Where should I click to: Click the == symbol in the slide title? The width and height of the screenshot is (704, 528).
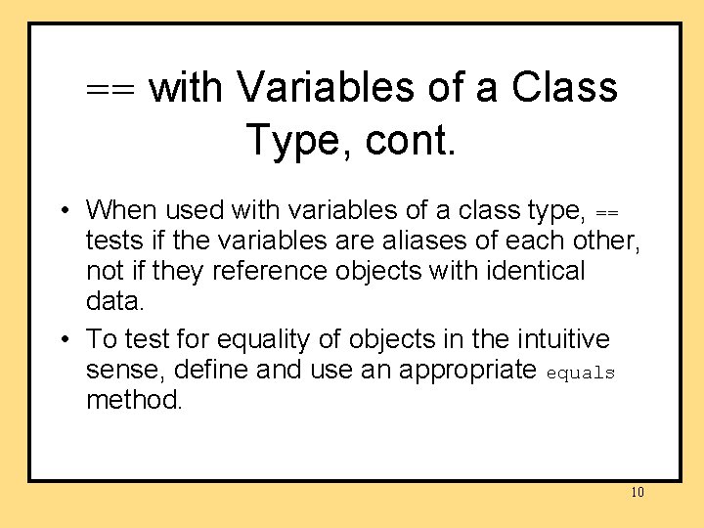pos(113,89)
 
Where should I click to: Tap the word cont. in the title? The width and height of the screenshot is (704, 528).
pos(411,140)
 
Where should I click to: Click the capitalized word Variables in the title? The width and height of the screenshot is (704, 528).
pos(327,87)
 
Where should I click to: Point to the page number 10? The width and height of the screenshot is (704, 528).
pos(638,492)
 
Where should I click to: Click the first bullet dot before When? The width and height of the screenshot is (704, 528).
pos(62,210)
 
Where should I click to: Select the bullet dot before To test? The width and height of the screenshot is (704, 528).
pos(62,340)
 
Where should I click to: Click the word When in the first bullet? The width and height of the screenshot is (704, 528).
pos(121,209)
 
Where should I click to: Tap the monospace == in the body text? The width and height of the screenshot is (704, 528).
pos(607,211)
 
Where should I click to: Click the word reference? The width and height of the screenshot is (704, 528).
pos(274,270)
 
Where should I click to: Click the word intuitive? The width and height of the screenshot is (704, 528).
pos(560,339)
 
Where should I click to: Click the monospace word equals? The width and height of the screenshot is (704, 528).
pos(581,373)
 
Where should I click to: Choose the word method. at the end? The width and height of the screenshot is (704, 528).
pos(134,400)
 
